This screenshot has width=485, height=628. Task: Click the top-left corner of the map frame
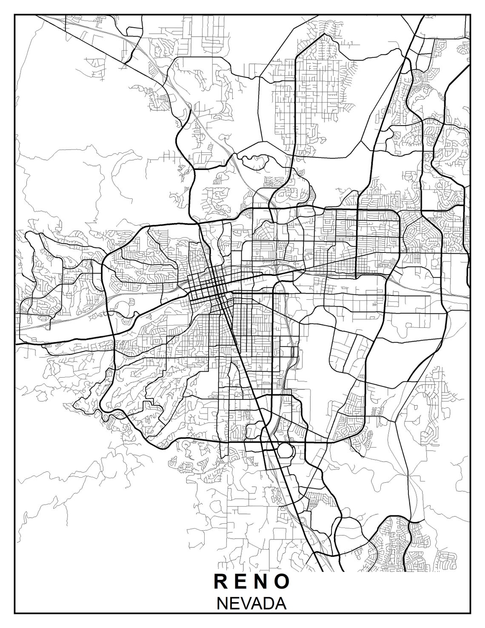pos(15,14)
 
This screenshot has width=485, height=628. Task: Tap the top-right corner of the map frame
pos(470,14)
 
